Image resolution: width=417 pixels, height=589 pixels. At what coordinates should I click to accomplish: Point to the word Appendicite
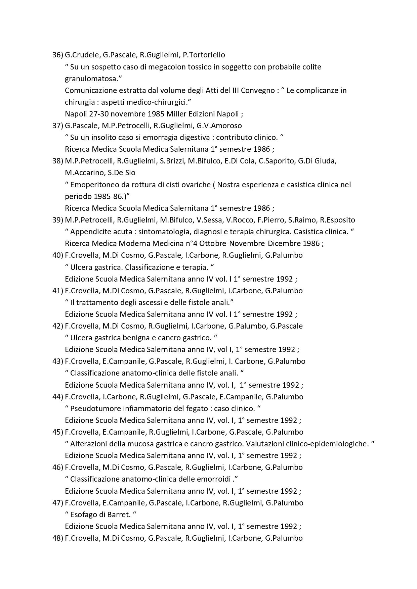coord(89,232)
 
